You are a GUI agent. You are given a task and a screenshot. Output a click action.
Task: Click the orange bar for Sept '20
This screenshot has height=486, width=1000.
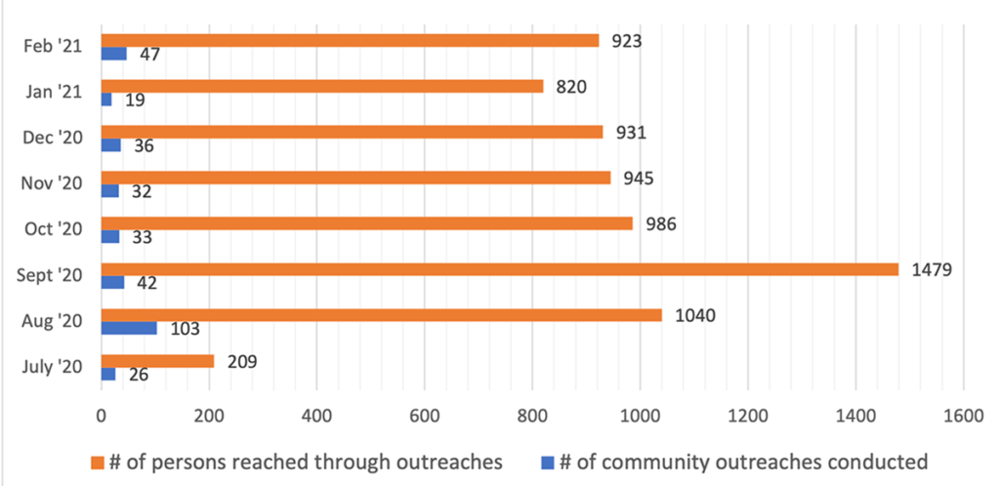(499, 268)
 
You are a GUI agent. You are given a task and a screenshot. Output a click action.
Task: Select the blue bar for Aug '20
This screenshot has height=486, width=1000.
(129, 328)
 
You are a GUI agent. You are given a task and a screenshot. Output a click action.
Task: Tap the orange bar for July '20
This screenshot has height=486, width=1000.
(157, 361)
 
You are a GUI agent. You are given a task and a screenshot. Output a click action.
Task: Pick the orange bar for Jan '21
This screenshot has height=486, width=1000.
(322, 86)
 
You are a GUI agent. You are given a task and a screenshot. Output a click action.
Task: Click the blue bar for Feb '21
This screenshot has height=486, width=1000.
(114, 54)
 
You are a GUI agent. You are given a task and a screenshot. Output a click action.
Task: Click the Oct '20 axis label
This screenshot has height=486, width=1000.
(55, 229)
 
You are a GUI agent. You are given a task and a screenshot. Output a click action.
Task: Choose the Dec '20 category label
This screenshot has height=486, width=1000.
(54, 138)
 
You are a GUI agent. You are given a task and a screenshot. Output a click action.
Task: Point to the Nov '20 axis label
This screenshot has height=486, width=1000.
(54, 183)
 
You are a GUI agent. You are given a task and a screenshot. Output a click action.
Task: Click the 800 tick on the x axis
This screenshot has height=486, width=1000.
(531, 416)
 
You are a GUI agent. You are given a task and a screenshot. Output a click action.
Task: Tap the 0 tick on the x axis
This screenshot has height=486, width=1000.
(102, 416)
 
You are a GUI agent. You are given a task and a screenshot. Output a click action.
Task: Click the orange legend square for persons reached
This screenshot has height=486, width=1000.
(97, 461)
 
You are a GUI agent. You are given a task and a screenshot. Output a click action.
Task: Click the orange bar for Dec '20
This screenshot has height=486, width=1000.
(352, 132)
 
